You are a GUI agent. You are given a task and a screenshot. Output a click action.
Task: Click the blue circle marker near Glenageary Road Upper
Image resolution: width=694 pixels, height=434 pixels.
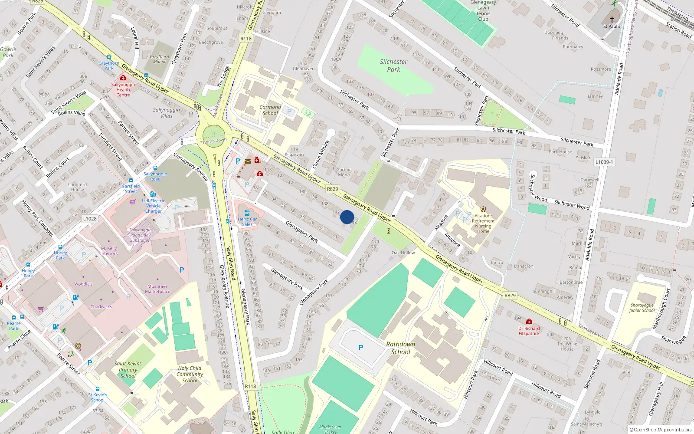(x=347, y=217)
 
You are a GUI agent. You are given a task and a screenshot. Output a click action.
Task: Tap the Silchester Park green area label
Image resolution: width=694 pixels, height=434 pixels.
(x=393, y=66)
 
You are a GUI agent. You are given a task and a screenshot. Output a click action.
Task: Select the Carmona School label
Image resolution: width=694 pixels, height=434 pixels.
(x=270, y=110)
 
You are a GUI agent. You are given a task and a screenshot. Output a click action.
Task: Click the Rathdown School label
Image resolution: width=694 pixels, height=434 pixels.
(x=400, y=348)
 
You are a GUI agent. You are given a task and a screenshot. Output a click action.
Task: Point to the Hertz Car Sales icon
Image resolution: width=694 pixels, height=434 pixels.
(x=247, y=213)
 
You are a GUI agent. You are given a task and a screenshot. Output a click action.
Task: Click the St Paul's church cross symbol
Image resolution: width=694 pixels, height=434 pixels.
(x=612, y=20)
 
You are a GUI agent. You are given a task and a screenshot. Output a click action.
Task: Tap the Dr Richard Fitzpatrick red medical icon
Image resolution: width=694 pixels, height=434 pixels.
(x=529, y=322)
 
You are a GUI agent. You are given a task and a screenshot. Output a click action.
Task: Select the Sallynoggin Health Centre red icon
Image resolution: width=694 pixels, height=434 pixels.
(x=123, y=78)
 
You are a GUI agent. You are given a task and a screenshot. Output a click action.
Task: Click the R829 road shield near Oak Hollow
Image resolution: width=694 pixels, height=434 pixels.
(x=510, y=296)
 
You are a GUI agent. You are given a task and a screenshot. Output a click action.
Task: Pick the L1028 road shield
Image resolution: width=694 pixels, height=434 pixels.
(x=90, y=219)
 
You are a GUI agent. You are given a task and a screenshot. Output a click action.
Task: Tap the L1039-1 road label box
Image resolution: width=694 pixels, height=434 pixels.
(x=604, y=162)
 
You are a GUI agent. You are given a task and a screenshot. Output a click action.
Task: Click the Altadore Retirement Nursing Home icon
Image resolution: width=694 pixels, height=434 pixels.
(x=483, y=209)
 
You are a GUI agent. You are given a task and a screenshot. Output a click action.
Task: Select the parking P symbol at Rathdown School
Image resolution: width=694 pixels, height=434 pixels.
(x=361, y=348)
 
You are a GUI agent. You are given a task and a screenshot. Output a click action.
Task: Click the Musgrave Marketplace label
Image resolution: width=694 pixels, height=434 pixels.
(x=157, y=289)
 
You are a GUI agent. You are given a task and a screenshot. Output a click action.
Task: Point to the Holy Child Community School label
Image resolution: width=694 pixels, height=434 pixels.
(x=190, y=374)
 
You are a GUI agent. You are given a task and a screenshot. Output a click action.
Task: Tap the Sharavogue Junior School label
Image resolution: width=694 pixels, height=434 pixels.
(x=642, y=308)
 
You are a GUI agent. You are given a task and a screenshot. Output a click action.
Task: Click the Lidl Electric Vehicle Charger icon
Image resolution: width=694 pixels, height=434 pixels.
(x=153, y=194)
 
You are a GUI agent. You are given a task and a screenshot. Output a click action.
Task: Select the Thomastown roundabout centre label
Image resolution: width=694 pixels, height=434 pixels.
(x=213, y=141)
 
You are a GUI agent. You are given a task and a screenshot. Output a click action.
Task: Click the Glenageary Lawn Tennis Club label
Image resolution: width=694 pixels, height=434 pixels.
(x=483, y=10)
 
